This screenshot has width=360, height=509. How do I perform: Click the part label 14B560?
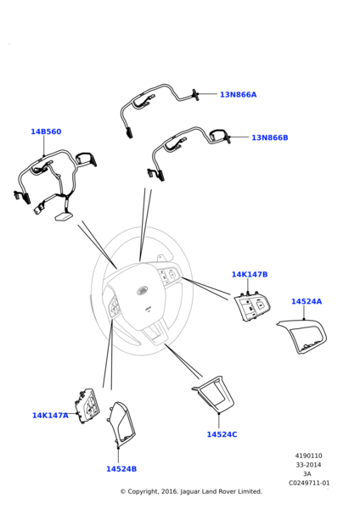point(46,131)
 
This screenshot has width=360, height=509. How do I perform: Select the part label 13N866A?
point(238,94)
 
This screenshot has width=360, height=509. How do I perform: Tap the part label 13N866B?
point(270,137)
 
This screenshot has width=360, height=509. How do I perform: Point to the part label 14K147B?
point(250,274)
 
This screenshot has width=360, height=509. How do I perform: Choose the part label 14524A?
point(307,301)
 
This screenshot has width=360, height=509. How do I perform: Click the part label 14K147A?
point(50,415)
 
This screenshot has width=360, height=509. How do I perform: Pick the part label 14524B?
point(121,469)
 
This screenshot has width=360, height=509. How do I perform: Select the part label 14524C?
point(222,434)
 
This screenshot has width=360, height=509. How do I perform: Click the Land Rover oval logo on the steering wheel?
point(142,290)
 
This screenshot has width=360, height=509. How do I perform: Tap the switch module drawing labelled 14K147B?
point(252,306)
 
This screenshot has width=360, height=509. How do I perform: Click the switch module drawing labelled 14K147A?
point(87,406)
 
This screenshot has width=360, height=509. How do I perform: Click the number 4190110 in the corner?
point(309,456)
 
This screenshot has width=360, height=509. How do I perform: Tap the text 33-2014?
point(309,465)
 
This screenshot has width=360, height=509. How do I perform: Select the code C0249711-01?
point(309,483)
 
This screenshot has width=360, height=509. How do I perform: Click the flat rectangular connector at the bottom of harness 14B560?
point(64,216)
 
